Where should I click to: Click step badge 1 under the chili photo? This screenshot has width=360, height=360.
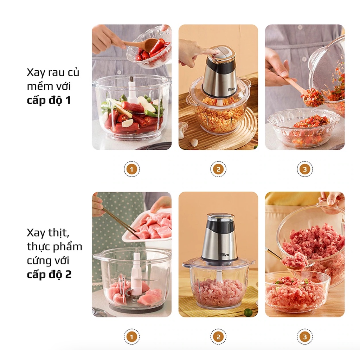tap(131, 169)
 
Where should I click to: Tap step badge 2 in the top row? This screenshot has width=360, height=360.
tap(218, 169)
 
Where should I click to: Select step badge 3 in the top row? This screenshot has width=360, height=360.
tap(305, 169)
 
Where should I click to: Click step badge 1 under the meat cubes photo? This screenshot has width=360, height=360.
tap(131, 337)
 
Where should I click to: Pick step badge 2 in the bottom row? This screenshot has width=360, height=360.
tap(218, 337)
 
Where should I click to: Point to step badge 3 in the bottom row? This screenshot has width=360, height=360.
tap(305, 337)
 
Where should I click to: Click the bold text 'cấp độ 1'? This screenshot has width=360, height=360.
tap(49, 100)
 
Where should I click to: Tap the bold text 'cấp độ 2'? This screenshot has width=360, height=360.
tap(49, 274)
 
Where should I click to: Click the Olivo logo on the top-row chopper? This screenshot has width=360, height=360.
tap(231, 88)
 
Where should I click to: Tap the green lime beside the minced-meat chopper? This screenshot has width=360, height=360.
tap(248, 312)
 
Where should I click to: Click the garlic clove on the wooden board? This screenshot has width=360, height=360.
tap(194, 142)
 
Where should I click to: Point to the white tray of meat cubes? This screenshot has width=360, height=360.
tap(147, 226)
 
